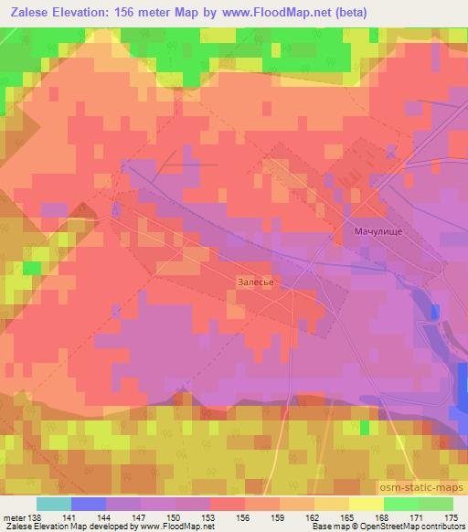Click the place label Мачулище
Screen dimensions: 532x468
378,232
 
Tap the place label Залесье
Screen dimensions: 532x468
256,282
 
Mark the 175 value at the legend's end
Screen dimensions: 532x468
451,518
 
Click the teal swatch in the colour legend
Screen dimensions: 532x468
54,504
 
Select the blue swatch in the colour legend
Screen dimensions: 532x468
89,504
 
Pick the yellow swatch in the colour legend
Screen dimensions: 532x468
367,504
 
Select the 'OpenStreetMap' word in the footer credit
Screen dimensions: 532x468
384,527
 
